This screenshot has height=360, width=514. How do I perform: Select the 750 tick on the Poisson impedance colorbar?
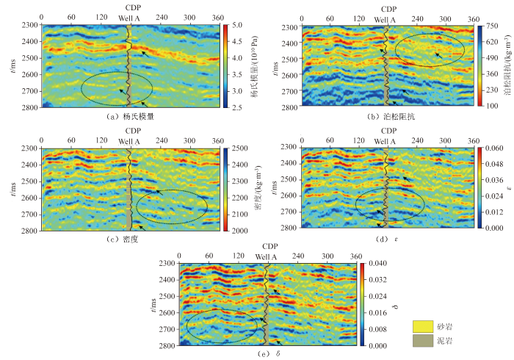[493, 26]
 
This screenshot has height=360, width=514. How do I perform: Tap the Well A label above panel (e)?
[267, 256]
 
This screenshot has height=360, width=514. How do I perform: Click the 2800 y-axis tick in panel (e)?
[167, 345]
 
